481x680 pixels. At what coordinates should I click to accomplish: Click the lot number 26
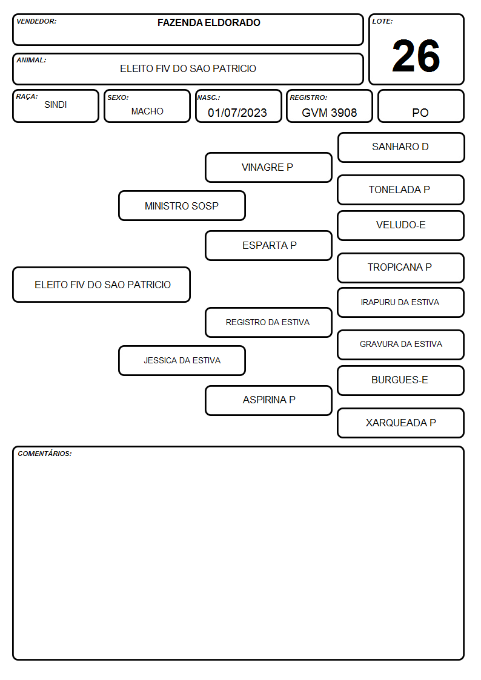coord(416,56)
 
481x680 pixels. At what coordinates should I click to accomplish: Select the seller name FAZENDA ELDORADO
coord(208,22)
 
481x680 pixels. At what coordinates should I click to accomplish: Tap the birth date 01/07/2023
coord(237,113)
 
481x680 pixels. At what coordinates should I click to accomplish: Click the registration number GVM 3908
coord(329,113)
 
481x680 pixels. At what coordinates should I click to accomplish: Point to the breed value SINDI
coord(56,105)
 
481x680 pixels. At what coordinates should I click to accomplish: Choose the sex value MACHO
coord(147,111)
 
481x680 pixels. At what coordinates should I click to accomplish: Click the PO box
coord(420,106)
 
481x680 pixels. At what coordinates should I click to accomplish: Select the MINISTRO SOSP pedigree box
coord(182,205)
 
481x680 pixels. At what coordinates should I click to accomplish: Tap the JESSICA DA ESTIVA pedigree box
coord(182,360)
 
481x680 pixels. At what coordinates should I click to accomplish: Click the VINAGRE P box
coord(268,167)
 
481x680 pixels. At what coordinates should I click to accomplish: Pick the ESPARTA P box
coord(268,245)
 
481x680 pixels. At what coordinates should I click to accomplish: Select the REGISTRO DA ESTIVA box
coord(268,322)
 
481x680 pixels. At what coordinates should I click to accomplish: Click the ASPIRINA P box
coord(268,400)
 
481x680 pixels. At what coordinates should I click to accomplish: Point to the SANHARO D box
coord(401,148)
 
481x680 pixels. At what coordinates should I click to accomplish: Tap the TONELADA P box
coord(401,190)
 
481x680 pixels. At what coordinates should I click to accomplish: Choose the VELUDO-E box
coord(401,225)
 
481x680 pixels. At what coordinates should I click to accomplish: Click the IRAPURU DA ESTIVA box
coord(401,302)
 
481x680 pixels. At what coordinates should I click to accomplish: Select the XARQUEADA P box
coord(401,423)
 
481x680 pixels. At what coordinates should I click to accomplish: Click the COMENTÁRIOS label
coord(45,454)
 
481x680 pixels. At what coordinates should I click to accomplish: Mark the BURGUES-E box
coord(401,380)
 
